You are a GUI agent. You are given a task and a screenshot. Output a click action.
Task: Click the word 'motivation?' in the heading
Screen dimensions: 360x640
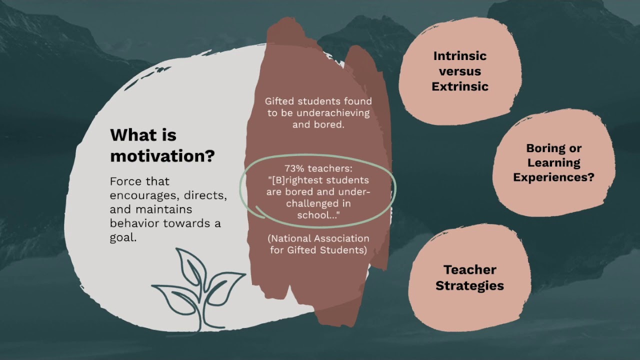pos(162,156)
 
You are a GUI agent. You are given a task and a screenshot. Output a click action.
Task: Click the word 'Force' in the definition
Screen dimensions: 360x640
pos(125,181)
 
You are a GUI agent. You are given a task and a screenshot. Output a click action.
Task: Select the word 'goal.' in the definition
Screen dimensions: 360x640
pos(123,238)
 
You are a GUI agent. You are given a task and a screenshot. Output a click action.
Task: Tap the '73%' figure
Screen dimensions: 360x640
pos(295,169)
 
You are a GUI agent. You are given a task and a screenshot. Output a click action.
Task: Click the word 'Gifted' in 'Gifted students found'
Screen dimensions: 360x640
pos(279,101)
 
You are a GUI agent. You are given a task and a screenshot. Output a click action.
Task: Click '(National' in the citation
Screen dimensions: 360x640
pos(288,238)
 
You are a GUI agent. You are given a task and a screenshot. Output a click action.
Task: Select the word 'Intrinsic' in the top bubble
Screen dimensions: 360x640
pos(459,56)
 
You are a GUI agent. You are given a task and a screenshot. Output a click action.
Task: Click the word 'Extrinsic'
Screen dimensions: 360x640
pos(459,86)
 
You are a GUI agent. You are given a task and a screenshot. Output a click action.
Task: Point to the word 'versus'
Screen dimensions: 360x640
pos(459,71)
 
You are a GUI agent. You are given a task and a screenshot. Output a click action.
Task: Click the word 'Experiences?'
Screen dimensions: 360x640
pos(553,177)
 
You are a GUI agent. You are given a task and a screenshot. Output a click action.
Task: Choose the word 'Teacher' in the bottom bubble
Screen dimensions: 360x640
pos(469,270)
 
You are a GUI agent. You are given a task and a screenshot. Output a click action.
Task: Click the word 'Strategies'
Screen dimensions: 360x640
pos(469,286)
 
